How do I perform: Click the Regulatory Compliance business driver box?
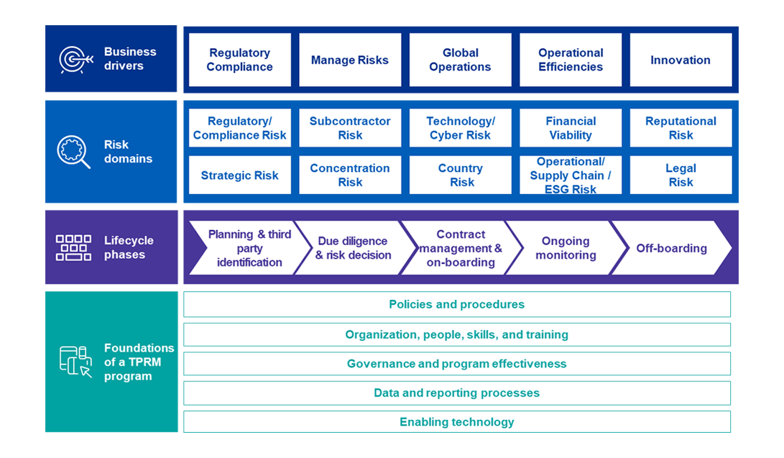coord(239,60)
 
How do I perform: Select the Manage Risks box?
coord(350,60)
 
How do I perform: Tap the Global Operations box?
coord(460,60)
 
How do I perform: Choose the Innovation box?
coord(681,60)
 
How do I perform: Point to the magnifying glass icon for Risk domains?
coord(74,152)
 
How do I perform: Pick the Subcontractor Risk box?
coord(350,128)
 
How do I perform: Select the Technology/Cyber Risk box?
coord(460,128)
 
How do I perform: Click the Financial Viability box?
coord(571,128)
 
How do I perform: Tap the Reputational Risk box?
coord(681,128)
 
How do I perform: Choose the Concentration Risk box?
coord(350,175)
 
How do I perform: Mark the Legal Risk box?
coord(681,175)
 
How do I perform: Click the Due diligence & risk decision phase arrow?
coord(353,248)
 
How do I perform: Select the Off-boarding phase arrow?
coord(671,248)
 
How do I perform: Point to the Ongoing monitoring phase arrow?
coord(566,248)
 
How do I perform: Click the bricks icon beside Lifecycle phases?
coord(74,247)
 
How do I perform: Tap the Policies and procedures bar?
coord(456,304)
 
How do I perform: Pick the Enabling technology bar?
coord(456,421)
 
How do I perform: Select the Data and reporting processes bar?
coord(456,393)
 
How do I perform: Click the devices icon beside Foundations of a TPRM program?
coord(75,361)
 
